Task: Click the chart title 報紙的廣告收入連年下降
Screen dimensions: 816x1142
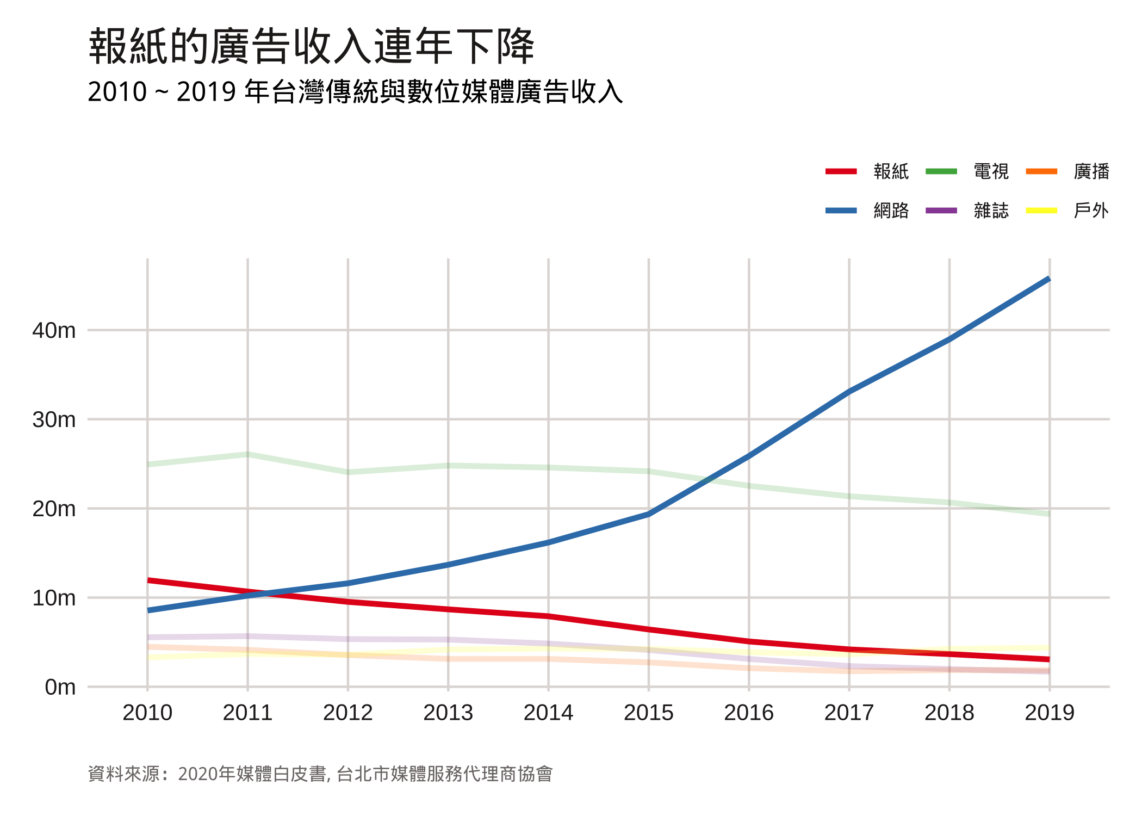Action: coord(312,46)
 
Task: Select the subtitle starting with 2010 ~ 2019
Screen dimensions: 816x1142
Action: coord(355,91)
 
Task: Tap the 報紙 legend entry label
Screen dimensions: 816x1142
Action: coord(891,171)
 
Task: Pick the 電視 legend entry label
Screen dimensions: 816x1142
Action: coord(991,171)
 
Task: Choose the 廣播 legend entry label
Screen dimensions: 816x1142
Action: coord(1091,171)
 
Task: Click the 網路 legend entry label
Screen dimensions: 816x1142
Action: coord(891,211)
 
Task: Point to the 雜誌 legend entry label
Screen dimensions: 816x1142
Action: coord(991,211)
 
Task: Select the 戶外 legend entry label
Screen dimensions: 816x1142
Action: coord(1091,211)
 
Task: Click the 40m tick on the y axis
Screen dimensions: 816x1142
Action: coord(54,330)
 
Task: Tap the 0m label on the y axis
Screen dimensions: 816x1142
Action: coord(60,687)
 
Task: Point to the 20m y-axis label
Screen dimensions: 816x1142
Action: coord(54,509)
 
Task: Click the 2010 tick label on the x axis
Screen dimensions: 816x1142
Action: coord(147,713)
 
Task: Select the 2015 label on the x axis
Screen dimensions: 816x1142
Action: coord(648,713)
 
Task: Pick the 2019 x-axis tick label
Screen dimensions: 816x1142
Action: coord(1050,713)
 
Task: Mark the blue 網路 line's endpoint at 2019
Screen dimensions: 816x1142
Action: coord(1049,279)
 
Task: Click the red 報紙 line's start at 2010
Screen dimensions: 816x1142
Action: coord(148,580)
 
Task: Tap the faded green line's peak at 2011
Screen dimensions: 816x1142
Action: coord(247,454)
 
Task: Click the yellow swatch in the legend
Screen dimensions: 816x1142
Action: coord(1041,211)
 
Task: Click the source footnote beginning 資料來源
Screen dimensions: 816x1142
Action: coord(320,774)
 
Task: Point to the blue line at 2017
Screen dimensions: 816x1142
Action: coord(849,391)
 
